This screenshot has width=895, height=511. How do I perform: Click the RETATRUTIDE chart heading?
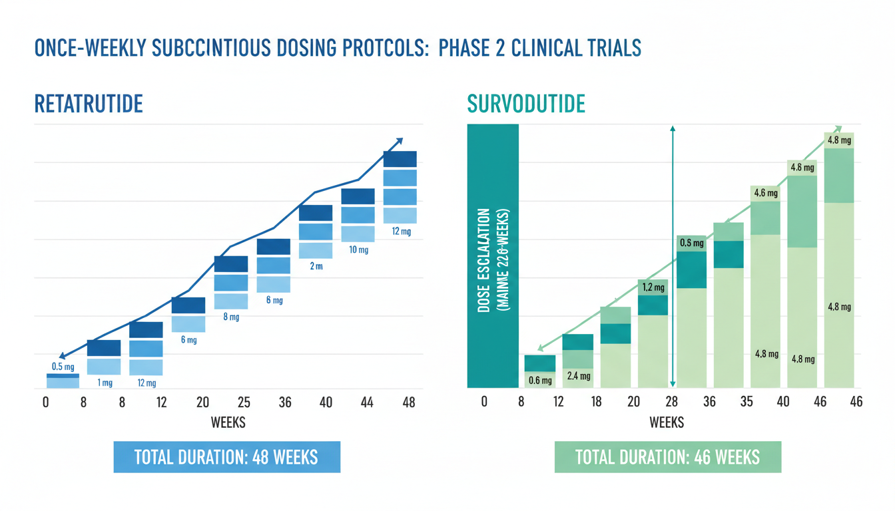tap(88, 104)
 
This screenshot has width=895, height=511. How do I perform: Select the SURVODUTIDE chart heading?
tap(526, 104)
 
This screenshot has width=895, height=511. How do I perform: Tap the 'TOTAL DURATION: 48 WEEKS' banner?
tap(226, 457)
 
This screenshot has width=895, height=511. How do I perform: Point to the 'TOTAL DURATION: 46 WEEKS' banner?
tap(667, 457)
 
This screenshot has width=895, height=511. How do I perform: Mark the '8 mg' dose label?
tap(231, 317)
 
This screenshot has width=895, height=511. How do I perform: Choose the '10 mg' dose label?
tap(358, 250)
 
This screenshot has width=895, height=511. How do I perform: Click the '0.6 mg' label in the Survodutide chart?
tap(540, 381)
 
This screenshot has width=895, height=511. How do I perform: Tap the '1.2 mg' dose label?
tap(653, 288)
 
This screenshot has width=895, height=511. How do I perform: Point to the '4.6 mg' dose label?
tap(765, 194)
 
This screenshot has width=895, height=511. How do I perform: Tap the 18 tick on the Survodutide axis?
tap(596, 402)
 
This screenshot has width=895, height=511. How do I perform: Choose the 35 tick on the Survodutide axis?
tap(746, 402)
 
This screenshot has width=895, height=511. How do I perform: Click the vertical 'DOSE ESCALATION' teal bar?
tap(493, 256)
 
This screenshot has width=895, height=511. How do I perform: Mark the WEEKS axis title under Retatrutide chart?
tap(228, 423)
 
